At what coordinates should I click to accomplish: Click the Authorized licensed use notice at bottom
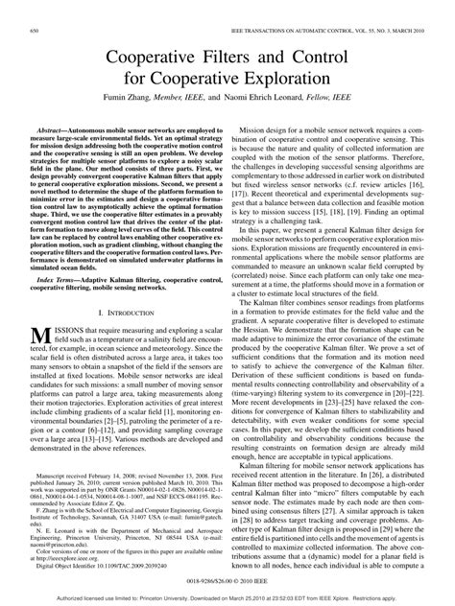point(227,594)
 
